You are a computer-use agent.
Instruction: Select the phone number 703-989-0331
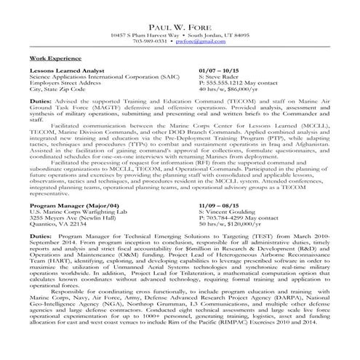(151, 41)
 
